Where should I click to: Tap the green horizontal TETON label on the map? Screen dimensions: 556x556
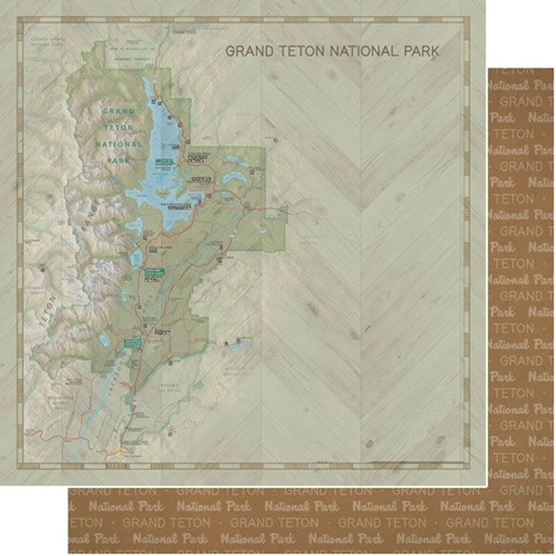[113, 127]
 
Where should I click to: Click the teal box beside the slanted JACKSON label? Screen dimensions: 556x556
[133, 343]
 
